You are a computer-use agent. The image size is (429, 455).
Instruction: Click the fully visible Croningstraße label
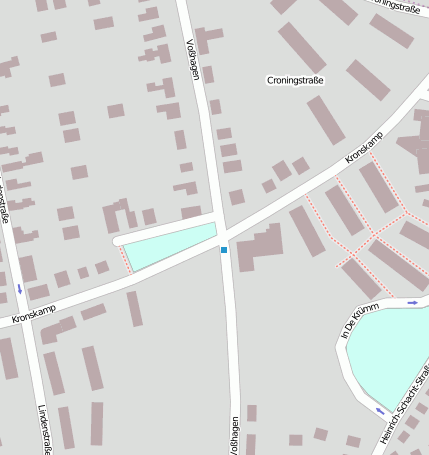tap(296, 79)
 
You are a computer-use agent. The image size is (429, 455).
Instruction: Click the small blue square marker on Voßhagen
tap(224, 250)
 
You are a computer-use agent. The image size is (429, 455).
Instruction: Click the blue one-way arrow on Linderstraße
tap(19, 289)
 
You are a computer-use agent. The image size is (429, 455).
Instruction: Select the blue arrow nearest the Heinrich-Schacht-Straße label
tap(380, 410)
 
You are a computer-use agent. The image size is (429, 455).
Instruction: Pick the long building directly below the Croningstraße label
tap(326, 119)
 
